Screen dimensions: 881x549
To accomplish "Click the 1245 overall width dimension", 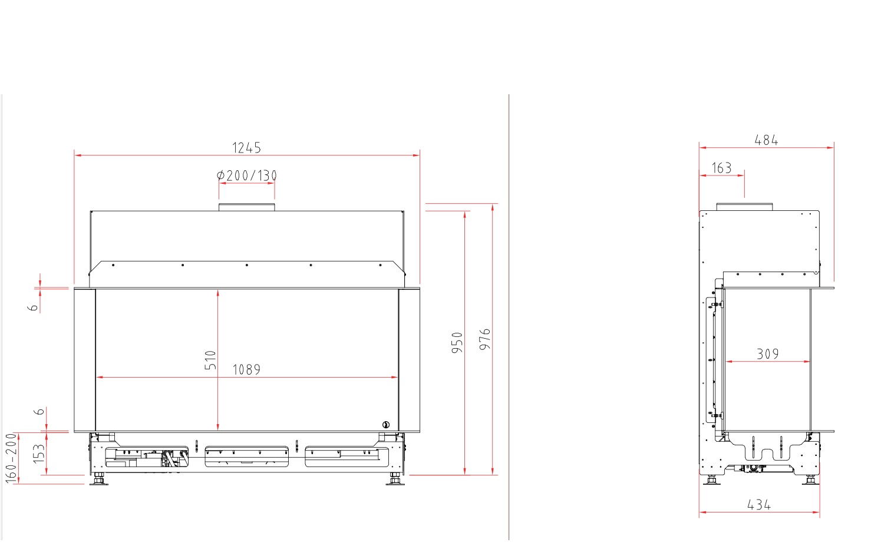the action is click(x=246, y=148).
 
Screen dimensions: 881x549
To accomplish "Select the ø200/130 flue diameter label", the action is click(x=247, y=176).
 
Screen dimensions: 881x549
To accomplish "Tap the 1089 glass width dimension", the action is click(x=246, y=370).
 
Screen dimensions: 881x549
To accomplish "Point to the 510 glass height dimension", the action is click(x=210, y=361).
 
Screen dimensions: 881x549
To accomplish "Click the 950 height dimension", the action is click(x=457, y=342).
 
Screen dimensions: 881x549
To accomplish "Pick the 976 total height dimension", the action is click(x=485, y=339).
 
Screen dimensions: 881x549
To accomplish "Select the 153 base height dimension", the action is click(x=39, y=454).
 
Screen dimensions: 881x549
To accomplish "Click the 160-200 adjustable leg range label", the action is click(x=11, y=458).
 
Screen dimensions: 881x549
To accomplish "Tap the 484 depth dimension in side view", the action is click(x=766, y=140).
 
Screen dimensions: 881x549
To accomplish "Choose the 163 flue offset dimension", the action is click(x=722, y=168).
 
